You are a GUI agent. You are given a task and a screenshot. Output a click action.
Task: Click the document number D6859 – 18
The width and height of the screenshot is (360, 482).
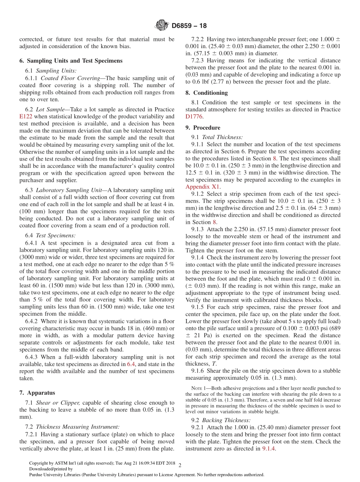(x=189, y=26)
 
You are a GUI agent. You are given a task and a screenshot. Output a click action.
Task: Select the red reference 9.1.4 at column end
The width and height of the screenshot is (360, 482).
(x=269, y=449)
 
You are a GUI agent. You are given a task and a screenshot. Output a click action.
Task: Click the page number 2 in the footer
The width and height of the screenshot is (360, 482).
(x=180, y=465)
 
